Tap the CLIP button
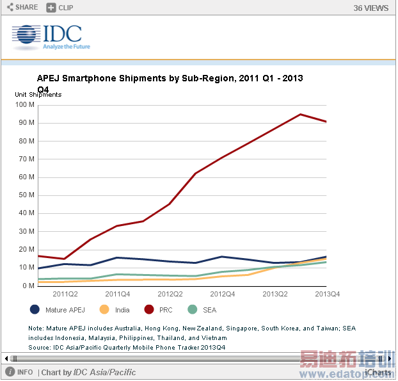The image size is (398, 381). [60, 8]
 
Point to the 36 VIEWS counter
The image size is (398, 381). [370, 8]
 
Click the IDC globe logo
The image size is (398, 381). [26, 38]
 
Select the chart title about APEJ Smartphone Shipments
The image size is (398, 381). [170, 79]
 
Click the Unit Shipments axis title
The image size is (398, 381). [38, 95]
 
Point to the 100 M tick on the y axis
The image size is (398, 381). [25, 105]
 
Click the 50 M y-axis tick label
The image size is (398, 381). [26, 195]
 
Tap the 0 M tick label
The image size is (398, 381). [28, 286]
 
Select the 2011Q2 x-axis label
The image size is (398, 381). [65, 295]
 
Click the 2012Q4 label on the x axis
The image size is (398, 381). [222, 295]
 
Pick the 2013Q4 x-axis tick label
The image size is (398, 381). [326, 295]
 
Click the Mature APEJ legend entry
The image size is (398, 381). [58, 310]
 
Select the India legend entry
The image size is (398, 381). [115, 310]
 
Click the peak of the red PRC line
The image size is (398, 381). [300, 115]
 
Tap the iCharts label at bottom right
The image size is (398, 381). [378, 373]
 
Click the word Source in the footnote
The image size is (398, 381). [40, 347]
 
